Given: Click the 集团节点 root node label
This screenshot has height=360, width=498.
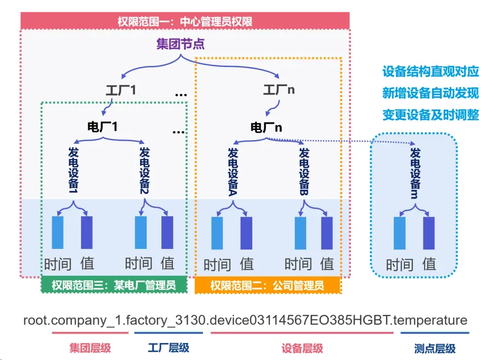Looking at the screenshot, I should tap(180, 44).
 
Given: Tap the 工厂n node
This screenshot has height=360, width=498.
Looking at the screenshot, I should tap(279, 90).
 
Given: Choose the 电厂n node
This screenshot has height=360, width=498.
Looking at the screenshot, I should tap(266, 127).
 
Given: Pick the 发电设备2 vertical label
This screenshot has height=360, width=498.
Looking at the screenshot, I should tap(145, 171).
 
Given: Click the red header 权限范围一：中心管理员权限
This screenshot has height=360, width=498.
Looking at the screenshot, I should tap(184, 21).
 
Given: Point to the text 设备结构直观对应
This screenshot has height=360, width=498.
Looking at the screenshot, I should tap(431, 71).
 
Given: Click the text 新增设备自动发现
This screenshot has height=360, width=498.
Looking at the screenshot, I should tap(431, 93).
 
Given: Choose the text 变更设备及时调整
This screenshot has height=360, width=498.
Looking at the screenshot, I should tap(431, 115).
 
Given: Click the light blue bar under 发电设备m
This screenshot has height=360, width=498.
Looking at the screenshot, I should tap(399, 233).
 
